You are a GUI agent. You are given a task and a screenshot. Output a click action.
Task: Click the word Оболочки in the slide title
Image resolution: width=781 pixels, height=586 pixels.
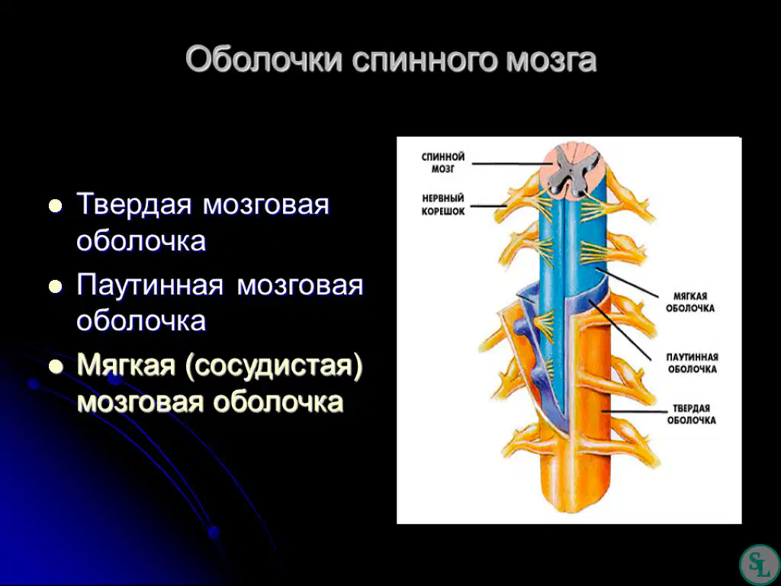265,60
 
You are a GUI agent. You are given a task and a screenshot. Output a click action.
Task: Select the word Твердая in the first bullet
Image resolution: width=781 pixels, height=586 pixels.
134,204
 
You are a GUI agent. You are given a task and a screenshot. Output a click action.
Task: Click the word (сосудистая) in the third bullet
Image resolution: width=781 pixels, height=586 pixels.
273,366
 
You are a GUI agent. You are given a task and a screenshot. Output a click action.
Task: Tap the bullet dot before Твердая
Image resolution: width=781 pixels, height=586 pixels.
55,206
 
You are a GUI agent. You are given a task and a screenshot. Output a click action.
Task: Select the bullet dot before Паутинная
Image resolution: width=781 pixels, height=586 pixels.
55,287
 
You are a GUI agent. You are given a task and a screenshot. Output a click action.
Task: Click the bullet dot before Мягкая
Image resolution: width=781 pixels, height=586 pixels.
55,367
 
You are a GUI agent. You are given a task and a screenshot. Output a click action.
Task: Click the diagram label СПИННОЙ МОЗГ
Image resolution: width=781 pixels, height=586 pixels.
443,163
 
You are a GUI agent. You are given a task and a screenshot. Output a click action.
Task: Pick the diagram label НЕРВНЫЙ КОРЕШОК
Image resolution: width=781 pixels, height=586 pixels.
443,204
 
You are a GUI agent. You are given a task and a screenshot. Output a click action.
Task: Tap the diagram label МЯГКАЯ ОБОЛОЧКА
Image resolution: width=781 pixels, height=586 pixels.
689,302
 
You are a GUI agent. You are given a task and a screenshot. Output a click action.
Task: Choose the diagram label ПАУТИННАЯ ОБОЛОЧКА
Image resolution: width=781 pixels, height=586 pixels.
692,363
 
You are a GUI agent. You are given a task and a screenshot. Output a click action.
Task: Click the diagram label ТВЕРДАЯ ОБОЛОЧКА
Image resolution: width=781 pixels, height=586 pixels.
691,414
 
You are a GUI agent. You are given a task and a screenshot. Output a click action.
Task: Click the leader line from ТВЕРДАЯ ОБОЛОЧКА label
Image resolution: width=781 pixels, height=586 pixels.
634,412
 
